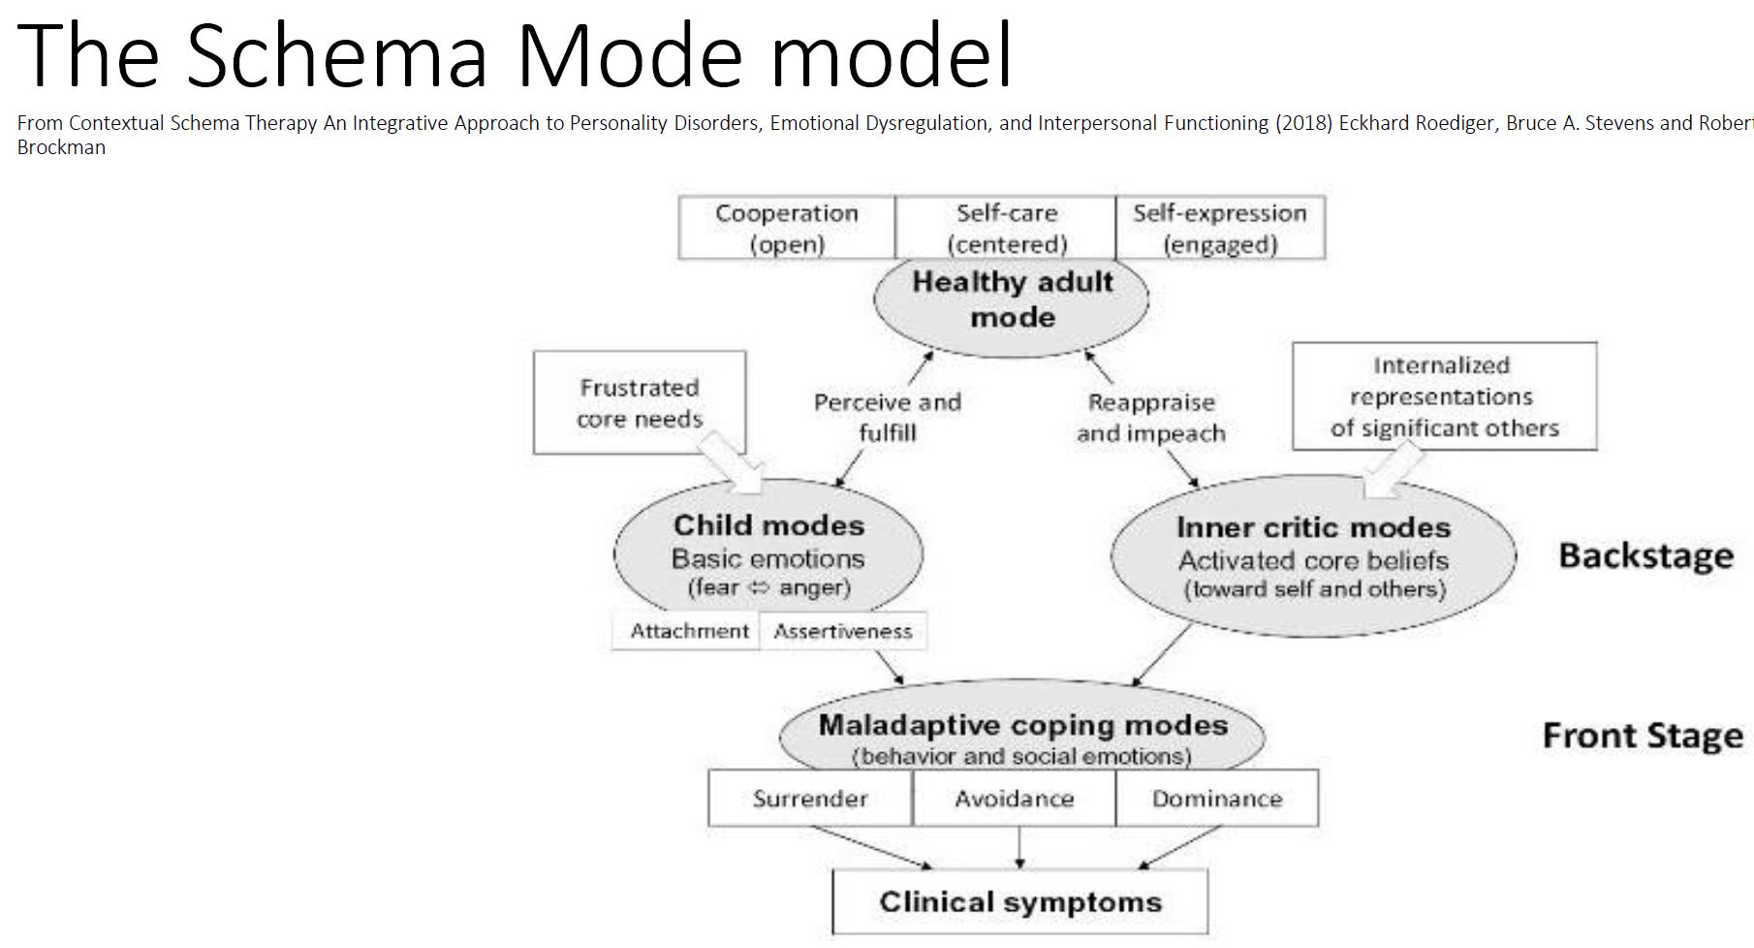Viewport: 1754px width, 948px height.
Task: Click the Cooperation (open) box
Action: pos(786,228)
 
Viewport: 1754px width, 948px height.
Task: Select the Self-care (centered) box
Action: pos(1006,228)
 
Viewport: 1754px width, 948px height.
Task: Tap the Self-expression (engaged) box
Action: pos(1220,228)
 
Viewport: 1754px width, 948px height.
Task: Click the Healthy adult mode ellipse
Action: pos(1012,300)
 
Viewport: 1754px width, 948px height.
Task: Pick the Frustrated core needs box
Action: pos(640,402)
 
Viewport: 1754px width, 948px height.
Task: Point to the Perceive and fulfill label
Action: pos(888,417)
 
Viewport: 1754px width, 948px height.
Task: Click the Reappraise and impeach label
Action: pos(1151,418)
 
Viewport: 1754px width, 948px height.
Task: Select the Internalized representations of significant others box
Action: pos(1444,396)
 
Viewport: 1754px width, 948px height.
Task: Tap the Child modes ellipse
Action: pos(768,553)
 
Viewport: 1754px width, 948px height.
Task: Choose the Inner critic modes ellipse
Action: pos(1313,556)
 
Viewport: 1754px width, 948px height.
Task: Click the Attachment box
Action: pos(689,631)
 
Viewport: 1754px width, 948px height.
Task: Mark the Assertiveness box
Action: pos(843,631)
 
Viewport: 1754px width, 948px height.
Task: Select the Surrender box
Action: pos(810,799)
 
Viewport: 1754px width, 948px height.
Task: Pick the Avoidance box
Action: pos(1014,799)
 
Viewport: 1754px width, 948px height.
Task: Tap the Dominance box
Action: pos(1217,799)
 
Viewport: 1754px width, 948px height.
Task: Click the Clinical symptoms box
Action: pos(1020,901)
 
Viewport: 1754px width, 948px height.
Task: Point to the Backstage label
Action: pos(1645,555)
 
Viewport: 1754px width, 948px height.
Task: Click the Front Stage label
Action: pos(1643,736)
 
